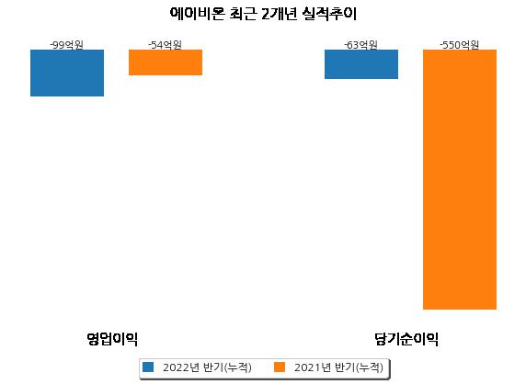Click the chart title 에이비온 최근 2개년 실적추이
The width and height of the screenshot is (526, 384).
[263, 14]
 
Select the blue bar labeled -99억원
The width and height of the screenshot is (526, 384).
[67, 73]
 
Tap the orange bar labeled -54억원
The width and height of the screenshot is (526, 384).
[166, 62]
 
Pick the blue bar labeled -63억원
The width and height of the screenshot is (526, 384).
[361, 64]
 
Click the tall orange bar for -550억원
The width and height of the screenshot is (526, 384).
[460, 180]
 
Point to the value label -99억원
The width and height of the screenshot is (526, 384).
[67, 45]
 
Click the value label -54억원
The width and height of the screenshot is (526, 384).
[165, 45]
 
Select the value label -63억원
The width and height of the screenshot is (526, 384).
[361, 45]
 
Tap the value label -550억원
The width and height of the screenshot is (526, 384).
[459, 45]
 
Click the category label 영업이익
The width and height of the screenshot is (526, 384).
[112, 339]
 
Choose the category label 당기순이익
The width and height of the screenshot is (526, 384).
[406, 339]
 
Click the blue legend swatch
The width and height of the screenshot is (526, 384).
[148, 367]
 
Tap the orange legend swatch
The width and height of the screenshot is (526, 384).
[280, 367]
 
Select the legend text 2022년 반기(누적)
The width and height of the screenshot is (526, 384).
[207, 367]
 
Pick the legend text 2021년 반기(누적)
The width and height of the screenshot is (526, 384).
[338, 367]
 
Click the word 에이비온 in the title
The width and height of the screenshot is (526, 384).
[197, 14]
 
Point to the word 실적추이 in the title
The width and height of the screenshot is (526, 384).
[329, 14]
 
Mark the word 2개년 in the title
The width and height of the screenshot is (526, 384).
[279, 14]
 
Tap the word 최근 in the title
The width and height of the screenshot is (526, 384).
[243, 14]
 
